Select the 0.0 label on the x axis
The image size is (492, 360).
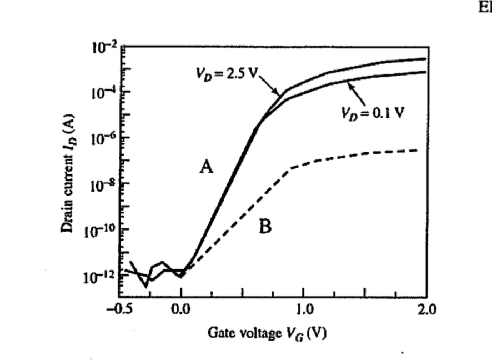181,309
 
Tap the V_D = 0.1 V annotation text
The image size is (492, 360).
373,112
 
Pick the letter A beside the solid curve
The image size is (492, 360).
207,166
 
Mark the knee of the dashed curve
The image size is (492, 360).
292,168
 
